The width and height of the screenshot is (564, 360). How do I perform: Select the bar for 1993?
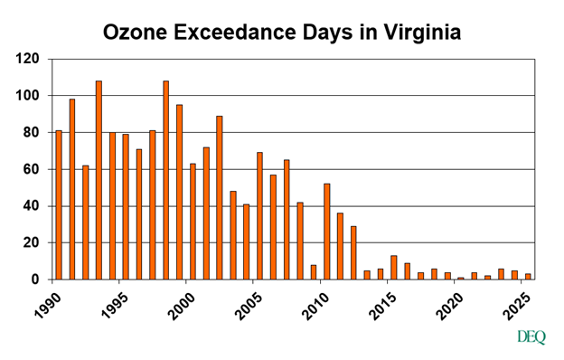(x=99, y=180)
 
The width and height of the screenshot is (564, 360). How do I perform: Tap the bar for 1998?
(x=165, y=180)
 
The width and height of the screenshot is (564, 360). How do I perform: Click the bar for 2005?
(x=259, y=216)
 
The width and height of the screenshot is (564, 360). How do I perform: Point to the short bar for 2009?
(x=313, y=272)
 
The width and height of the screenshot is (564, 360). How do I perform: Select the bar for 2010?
(x=326, y=232)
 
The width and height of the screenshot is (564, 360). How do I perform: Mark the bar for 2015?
(x=393, y=268)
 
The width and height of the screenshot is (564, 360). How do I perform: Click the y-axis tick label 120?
(x=28, y=59)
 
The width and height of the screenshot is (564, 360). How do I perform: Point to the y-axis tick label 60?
(x=32, y=169)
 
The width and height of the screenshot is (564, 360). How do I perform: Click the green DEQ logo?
(x=531, y=337)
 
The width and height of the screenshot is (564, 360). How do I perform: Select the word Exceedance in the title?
(x=240, y=33)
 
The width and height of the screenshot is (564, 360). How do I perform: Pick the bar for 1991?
(x=72, y=189)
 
